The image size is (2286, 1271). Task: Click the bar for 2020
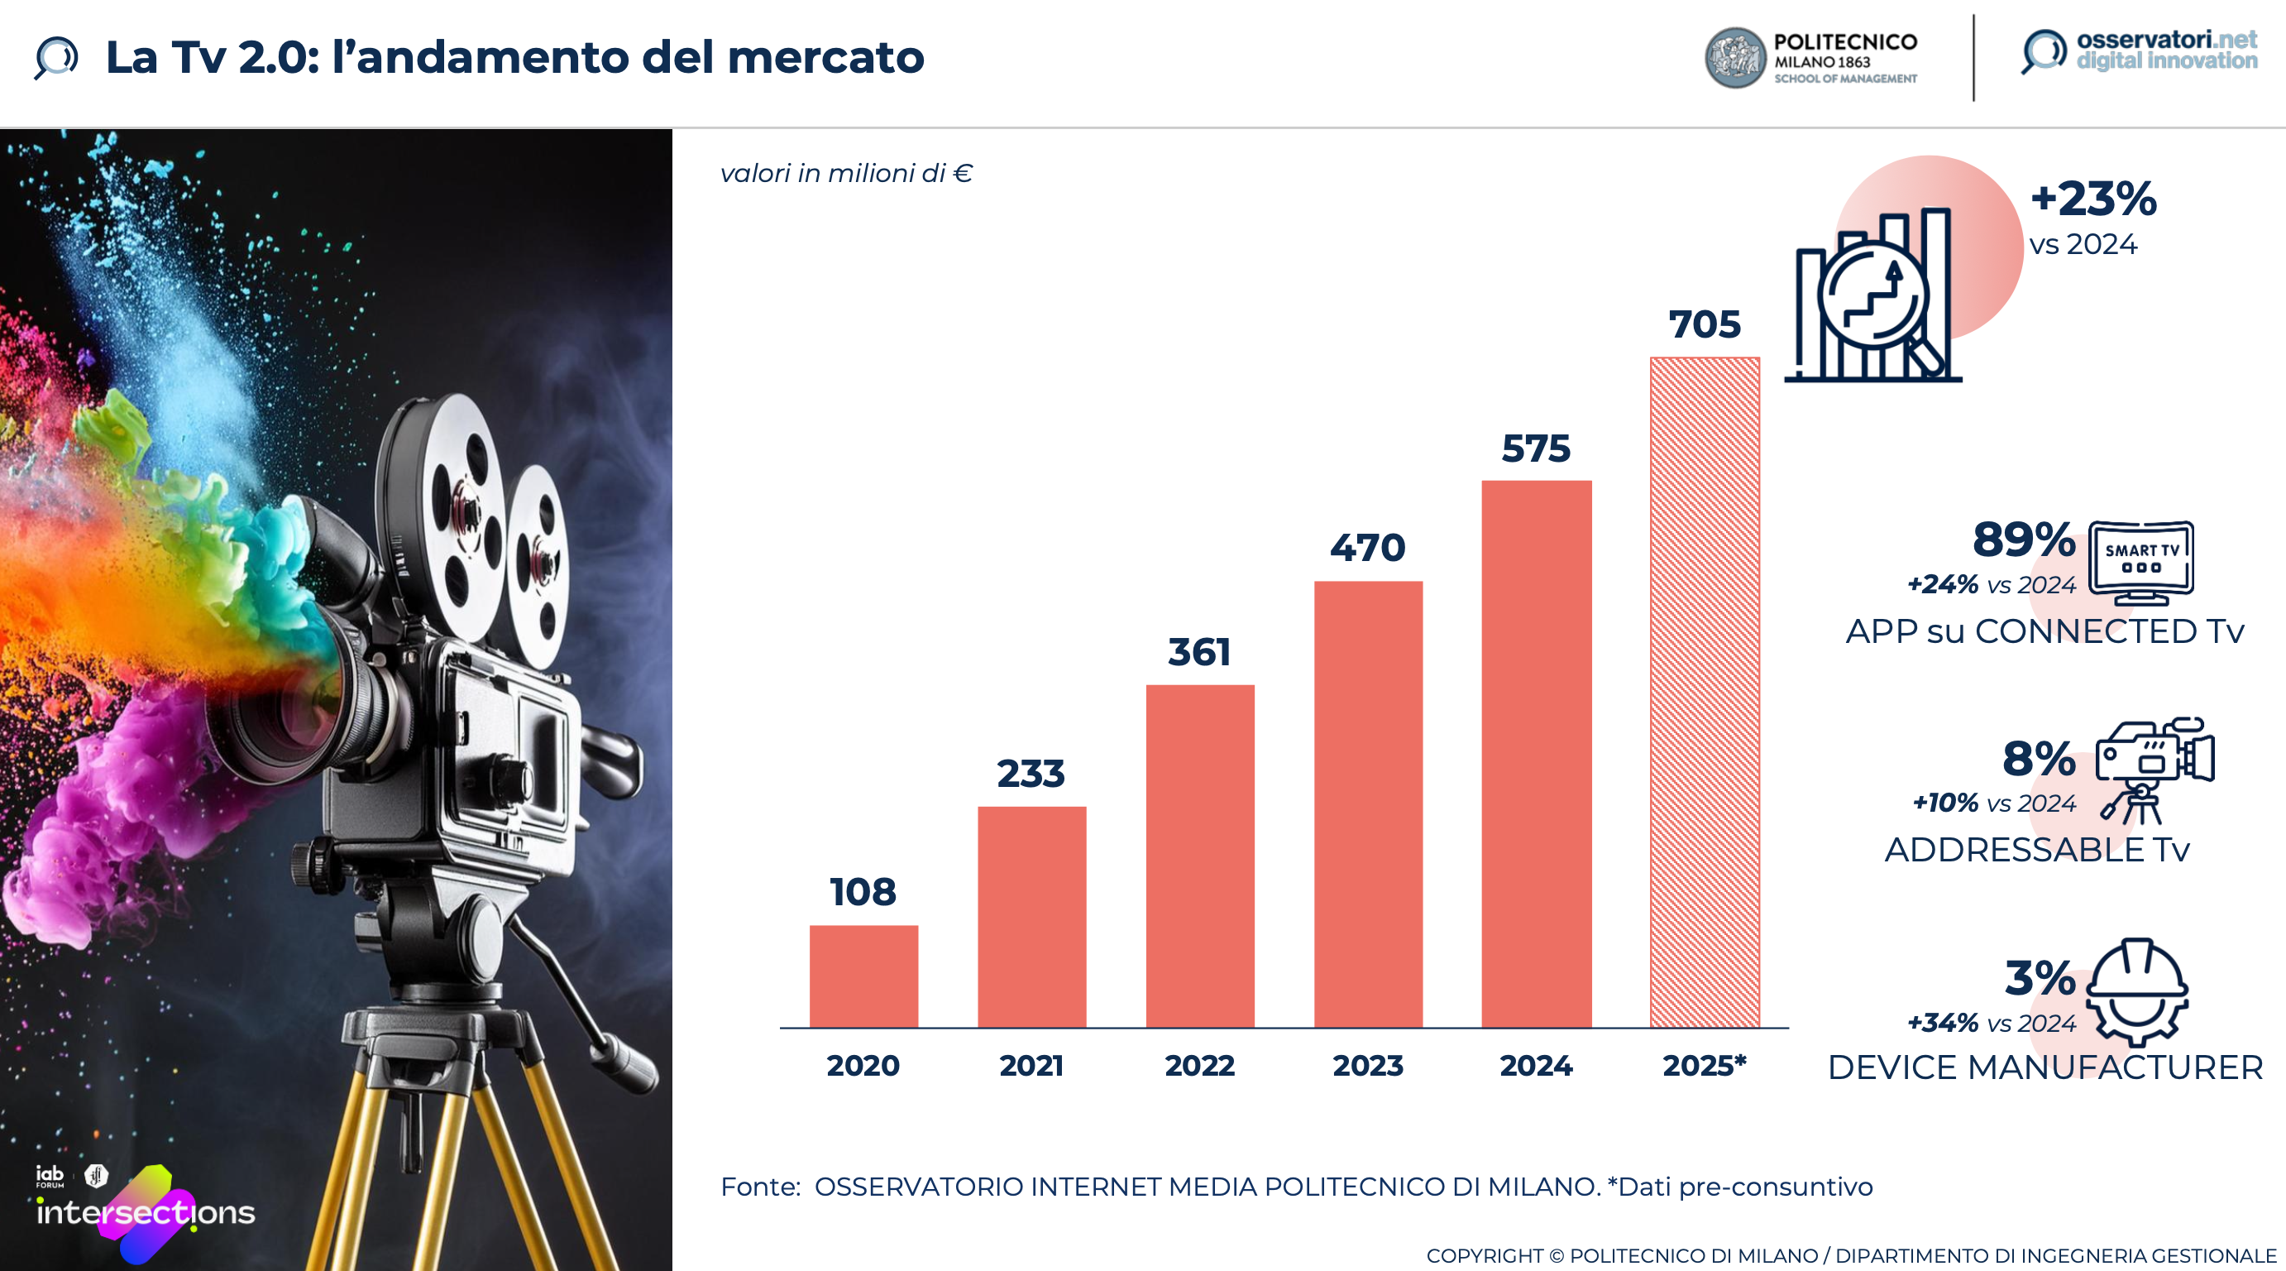click(x=863, y=976)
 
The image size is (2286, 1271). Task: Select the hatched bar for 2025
click(x=1704, y=693)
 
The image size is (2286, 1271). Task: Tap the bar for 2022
click(x=1200, y=856)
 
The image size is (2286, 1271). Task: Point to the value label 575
click(x=1535, y=449)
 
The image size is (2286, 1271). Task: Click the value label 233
click(x=1031, y=774)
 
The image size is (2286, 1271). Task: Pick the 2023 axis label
click(x=1367, y=1065)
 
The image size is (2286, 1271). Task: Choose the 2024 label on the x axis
click(x=1535, y=1065)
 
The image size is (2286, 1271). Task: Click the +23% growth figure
click(x=2092, y=199)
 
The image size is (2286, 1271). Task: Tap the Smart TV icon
click(x=2140, y=562)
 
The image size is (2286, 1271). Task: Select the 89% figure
click(x=2023, y=540)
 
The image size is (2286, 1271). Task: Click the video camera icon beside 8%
click(x=2154, y=769)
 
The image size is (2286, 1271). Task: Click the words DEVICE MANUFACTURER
click(x=2044, y=1067)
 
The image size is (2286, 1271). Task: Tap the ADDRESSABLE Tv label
click(x=2036, y=851)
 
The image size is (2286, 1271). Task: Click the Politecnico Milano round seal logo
click(x=1735, y=59)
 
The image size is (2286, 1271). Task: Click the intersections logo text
click(x=146, y=1212)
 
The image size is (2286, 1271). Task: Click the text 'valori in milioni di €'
click(x=846, y=173)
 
